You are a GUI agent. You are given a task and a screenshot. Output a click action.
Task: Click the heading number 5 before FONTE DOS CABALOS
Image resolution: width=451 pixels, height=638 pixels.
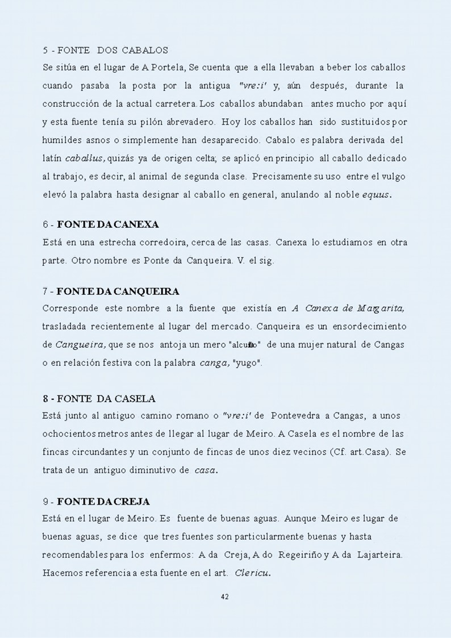(45, 50)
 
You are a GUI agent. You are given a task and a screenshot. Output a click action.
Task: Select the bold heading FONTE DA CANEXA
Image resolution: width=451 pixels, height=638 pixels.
(108, 224)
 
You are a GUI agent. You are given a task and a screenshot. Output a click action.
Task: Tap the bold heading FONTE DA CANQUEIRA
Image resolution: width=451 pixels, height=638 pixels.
(118, 291)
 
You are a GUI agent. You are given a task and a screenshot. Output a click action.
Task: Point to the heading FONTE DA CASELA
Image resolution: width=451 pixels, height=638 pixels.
(106, 398)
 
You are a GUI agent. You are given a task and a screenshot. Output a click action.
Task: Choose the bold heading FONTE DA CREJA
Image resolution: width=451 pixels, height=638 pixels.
(103, 502)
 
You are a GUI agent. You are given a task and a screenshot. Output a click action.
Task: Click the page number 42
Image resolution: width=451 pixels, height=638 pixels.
(224, 597)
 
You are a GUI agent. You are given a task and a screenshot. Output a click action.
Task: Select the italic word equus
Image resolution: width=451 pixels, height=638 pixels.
(377, 194)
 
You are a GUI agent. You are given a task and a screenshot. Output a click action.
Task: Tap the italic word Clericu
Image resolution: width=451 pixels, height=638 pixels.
(253, 573)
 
